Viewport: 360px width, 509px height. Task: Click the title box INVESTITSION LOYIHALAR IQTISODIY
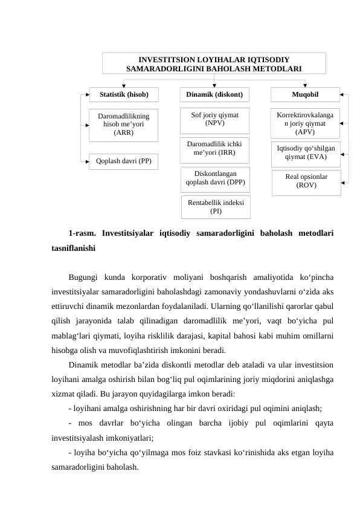214,63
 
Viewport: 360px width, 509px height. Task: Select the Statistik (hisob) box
124,94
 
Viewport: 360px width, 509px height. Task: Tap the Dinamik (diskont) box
214,94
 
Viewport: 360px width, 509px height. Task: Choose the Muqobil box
305,94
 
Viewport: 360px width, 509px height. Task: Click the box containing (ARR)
124,124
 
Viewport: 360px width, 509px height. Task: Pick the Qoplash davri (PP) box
124,161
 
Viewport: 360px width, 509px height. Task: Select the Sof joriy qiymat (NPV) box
214,120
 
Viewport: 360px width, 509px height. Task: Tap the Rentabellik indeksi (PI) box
215,206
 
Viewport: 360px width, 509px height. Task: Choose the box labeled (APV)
305,123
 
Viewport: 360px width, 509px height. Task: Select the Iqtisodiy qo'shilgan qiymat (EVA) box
306,153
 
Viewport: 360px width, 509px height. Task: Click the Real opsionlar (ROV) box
306,182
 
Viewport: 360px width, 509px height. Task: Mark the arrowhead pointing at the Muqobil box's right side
342,95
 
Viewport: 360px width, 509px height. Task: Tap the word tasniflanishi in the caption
74,248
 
